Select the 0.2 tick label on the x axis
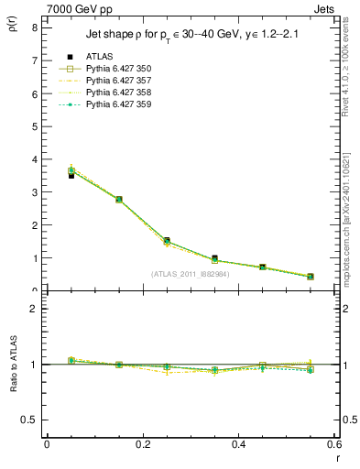(x=143, y=444)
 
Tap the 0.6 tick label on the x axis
(x=334, y=444)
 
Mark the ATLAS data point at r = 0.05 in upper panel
(x=71, y=175)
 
